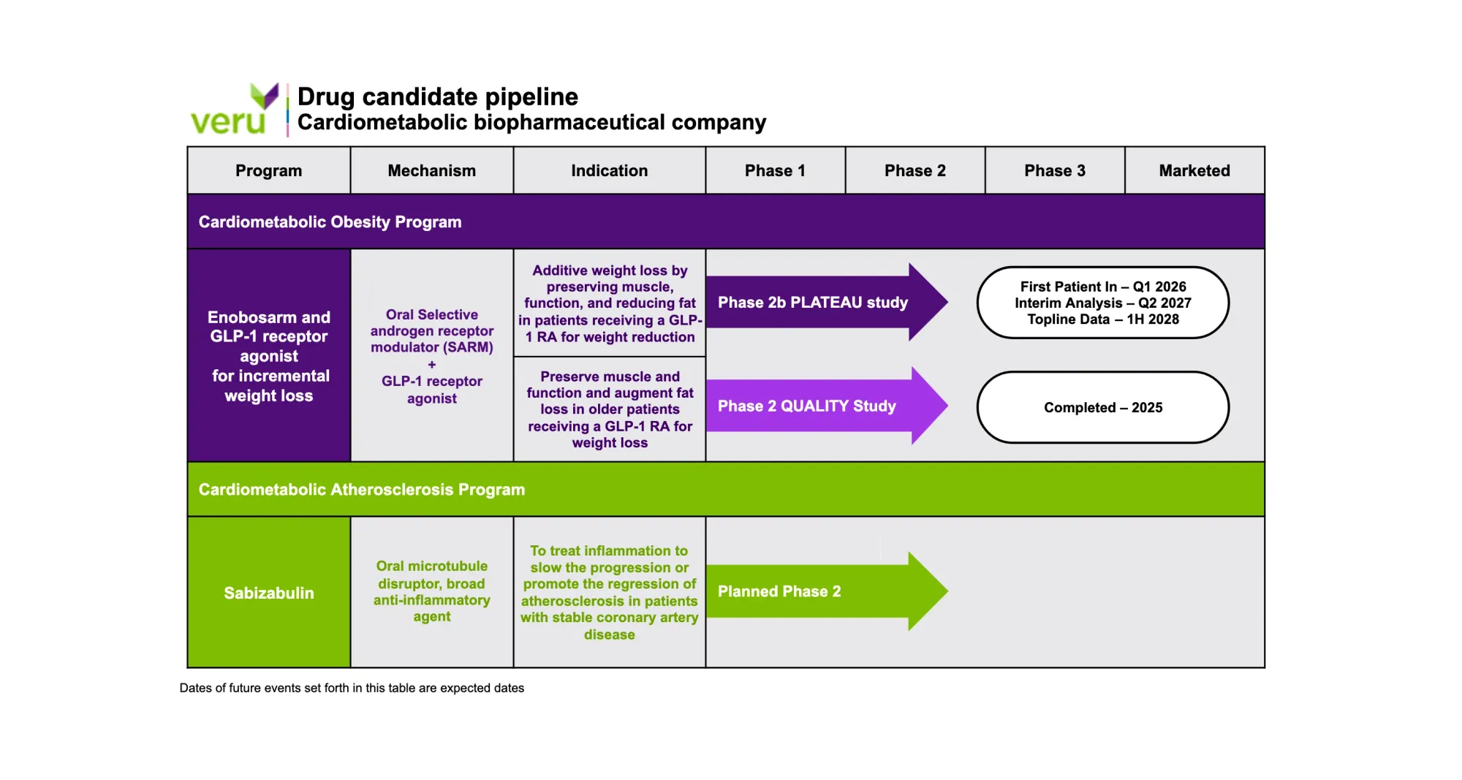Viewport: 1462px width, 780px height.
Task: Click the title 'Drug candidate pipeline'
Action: click(438, 96)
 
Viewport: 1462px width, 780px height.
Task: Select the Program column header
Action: click(268, 170)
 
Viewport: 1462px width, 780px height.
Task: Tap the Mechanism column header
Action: click(431, 170)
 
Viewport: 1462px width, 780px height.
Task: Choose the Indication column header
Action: click(609, 170)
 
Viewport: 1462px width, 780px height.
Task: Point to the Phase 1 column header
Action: click(775, 170)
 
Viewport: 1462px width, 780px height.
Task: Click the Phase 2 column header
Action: click(915, 170)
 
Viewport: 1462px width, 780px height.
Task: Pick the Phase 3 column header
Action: click(1055, 170)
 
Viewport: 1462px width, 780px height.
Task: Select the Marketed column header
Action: click(1194, 170)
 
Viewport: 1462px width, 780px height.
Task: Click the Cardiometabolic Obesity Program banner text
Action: click(330, 221)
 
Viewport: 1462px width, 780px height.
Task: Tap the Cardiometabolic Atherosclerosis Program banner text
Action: click(362, 489)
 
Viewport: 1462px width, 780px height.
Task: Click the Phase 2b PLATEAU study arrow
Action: click(827, 302)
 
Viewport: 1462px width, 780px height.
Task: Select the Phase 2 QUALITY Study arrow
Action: click(827, 406)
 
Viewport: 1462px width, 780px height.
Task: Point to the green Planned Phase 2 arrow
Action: click(827, 591)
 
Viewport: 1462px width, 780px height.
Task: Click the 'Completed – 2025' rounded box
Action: click(1103, 407)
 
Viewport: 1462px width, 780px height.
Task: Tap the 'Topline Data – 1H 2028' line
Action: click(1103, 319)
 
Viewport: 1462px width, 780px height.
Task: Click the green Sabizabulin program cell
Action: click(269, 592)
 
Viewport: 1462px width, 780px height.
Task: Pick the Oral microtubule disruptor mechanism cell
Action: click(431, 592)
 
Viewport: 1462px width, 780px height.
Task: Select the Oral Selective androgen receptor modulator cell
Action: click(431, 356)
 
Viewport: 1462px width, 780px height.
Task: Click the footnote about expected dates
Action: click(352, 688)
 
